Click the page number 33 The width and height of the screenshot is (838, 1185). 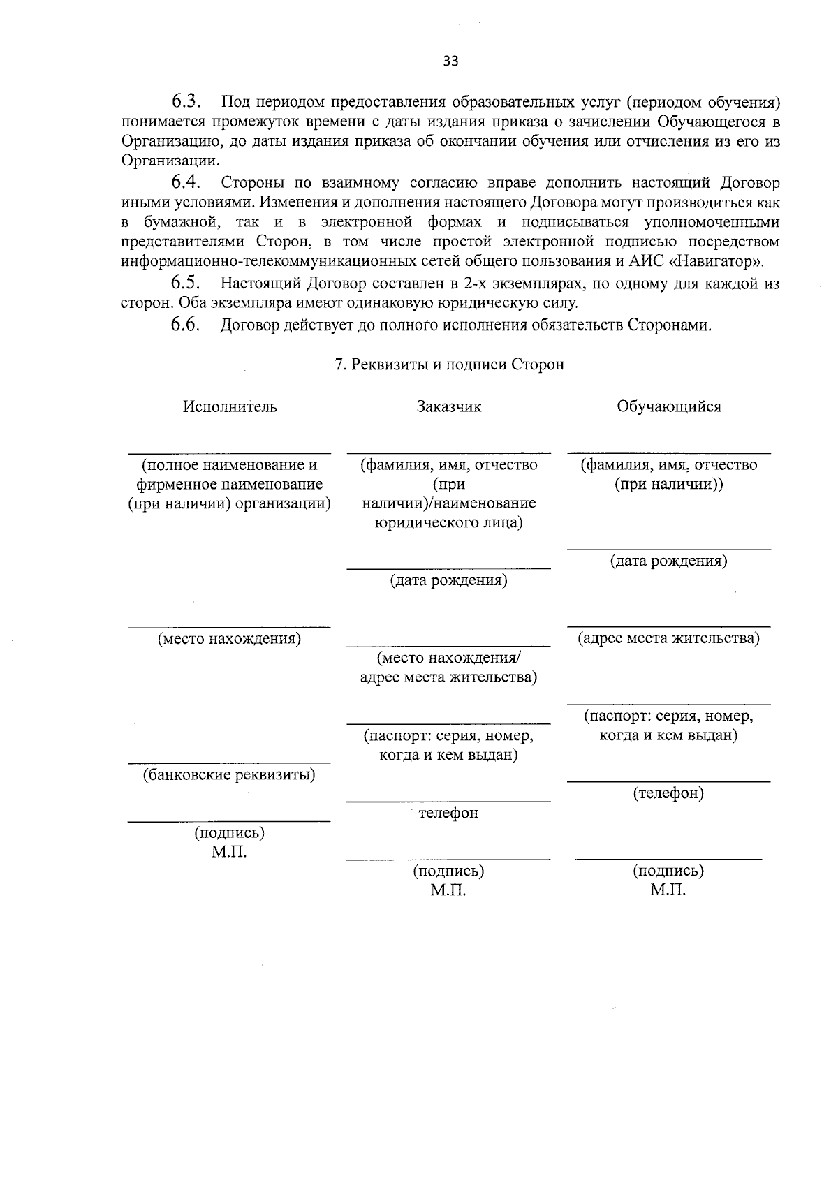(x=450, y=61)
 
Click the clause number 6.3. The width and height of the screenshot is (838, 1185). (x=186, y=101)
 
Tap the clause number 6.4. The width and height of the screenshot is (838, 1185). (x=186, y=183)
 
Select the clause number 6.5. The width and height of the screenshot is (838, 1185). (x=186, y=283)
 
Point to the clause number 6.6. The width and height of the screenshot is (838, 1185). (x=186, y=325)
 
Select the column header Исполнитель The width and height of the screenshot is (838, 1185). (x=230, y=406)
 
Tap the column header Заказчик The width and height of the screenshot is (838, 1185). (x=449, y=406)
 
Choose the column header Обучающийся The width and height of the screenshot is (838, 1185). (x=668, y=406)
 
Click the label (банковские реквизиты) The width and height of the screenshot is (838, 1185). (x=229, y=774)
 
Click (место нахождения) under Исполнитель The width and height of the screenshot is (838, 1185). (x=229, y=638)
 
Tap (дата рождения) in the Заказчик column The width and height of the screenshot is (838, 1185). (x=448, y=580)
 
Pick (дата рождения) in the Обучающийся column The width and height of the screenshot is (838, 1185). (x=668, y=561)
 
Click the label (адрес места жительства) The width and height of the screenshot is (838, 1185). (x=668, y=638)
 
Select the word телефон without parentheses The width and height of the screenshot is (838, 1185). (x=448, y=813)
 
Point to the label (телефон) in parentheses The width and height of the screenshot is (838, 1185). (x=668, y=793)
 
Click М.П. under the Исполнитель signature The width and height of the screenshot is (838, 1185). (x=229, y=853)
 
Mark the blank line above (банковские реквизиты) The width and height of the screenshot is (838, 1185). (x=229, y=763)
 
